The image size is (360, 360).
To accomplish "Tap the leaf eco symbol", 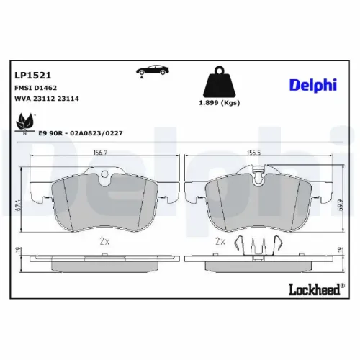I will (x=25, y=123).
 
